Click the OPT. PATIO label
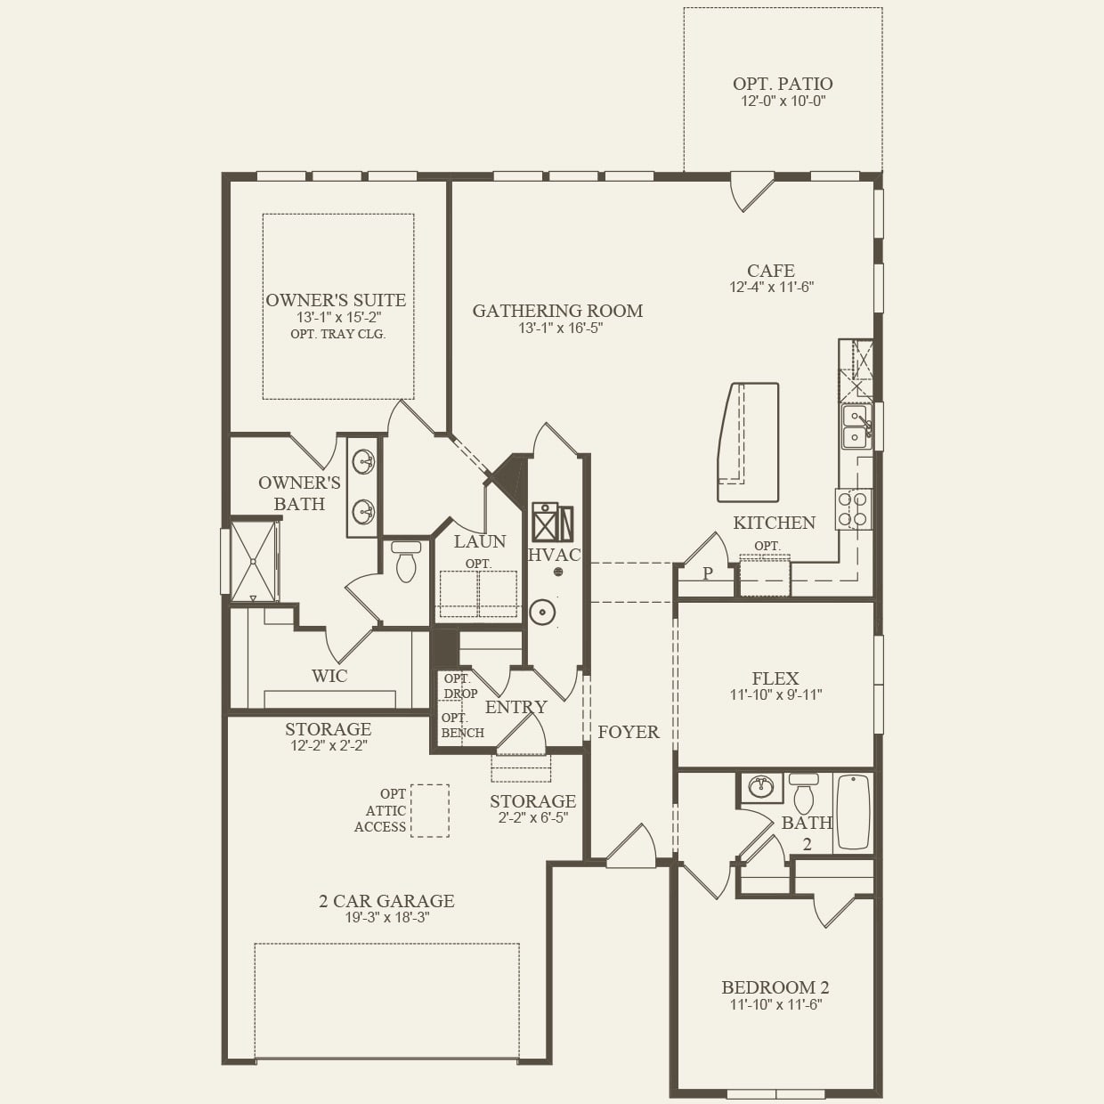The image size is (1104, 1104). [x=783, y=84]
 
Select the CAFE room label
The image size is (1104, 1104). [x=771, y=271]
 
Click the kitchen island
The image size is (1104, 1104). [x=748, y=442]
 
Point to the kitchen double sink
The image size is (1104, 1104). [x=856, y=426]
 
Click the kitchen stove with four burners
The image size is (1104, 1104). [x=853, y=509]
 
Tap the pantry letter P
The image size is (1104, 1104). [x=708, y=573]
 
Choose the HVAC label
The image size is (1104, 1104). [x=554, y=555]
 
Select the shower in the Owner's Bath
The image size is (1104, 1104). [x=254, y=562]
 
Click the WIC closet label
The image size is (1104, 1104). [x=329, y=676]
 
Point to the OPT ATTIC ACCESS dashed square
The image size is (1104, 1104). [x=430, y=810]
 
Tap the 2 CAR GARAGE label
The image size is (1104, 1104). [x=386, y=901]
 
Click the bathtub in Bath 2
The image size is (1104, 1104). [x=853, y=812]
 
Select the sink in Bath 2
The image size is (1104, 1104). [x=760, y=787]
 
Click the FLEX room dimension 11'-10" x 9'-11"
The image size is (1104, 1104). [x=775, y=694]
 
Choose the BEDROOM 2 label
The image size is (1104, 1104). [x=775, y=987]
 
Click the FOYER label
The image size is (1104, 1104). [x=629, y=732]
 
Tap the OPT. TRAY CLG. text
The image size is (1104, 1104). [x=337, y=334]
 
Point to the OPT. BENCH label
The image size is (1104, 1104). [x=462, y=725]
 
